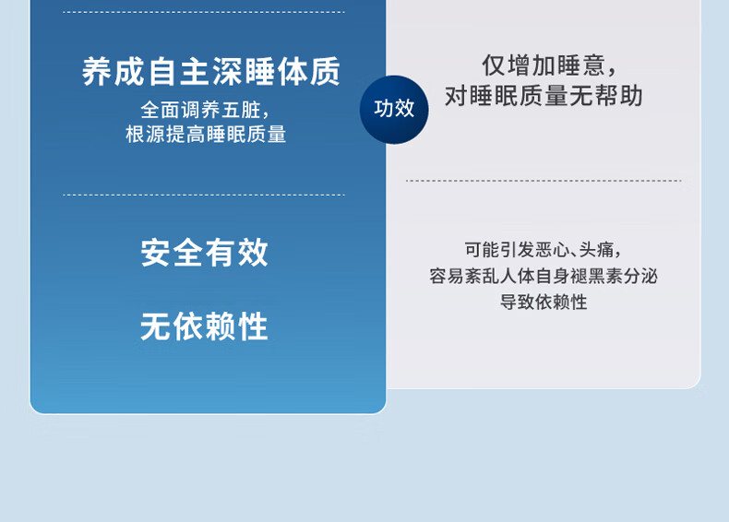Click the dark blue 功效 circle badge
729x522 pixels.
pos(394,110)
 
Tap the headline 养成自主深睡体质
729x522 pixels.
pos(211,72)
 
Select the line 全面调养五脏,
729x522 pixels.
pos(205,111)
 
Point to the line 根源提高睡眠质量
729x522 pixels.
pos(206,135)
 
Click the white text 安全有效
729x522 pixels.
pos(205,253)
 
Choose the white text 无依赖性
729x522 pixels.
pos(205,326)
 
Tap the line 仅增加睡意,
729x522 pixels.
pos(550,65)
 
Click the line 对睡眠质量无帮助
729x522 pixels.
pos(544,96)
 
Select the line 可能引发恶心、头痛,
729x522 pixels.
pos(543,250)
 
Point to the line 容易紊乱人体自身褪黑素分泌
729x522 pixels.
pos(543,276)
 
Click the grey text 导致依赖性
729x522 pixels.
pos(543,303)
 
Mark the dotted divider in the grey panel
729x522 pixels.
pos(544,181)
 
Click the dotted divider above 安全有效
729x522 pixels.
pos(204,195)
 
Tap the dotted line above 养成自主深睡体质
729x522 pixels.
pos(204,12)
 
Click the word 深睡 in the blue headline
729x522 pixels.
pos(244,72)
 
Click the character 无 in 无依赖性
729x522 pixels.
pos(156,326)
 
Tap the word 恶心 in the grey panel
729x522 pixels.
pos(553,250)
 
